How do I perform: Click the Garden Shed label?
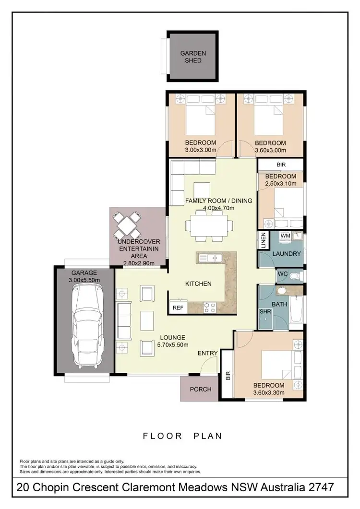193,57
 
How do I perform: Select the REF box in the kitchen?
178,308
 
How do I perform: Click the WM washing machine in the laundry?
285,236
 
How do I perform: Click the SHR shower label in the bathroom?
265,311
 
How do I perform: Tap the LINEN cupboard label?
264,240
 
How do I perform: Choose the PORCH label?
201,389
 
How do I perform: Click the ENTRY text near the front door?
208,353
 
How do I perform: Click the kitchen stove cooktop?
210,307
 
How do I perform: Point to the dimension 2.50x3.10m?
281,184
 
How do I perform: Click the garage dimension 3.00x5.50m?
84,279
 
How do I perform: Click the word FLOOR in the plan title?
162,436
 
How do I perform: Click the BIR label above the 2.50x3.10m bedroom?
281,165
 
